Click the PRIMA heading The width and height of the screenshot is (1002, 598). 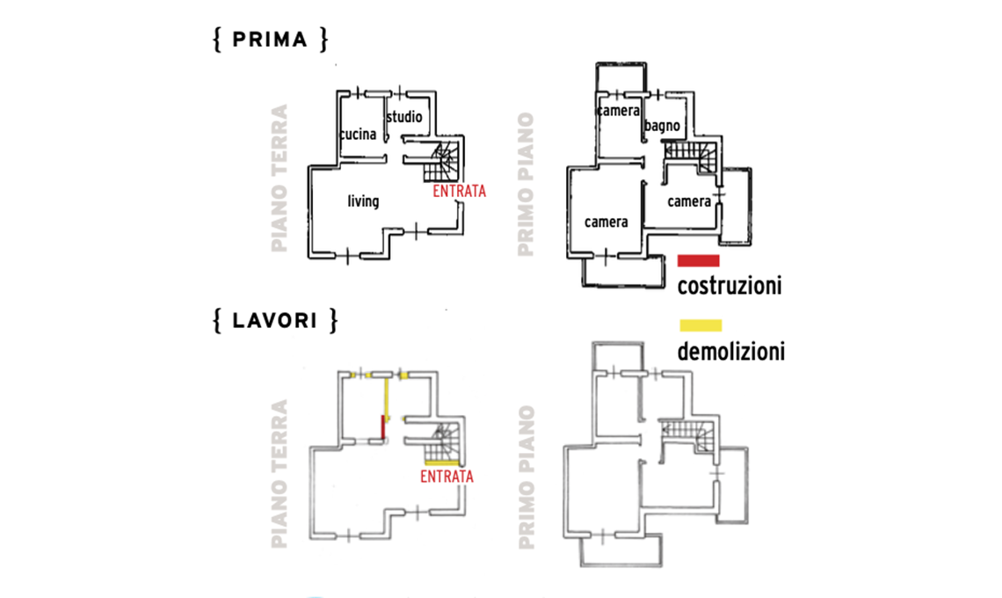click(271, 40)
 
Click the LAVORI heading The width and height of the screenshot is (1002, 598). click(274, 321)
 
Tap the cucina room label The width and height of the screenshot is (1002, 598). click(359, 135)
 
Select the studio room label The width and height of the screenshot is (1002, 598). click(403, 117)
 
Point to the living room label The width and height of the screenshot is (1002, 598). click(363, 201)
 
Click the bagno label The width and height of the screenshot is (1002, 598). click(661, 127)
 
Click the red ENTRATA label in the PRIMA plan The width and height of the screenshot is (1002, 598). click(459, 190)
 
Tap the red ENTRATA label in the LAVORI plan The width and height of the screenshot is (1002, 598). click(447, 477)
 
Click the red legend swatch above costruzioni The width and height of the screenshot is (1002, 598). click(699, 260)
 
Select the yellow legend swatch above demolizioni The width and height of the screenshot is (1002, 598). click(700, 325)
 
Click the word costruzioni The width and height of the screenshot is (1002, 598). click(730, 286)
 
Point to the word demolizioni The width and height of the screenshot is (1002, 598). click(730, 353)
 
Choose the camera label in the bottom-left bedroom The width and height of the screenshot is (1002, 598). click(606, 222)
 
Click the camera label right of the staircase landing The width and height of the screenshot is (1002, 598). click(689, 201)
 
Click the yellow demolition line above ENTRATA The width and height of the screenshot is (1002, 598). click(441, 462)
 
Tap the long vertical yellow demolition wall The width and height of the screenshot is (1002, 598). click(388, 397)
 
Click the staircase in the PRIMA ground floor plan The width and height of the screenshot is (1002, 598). click(441, 162)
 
